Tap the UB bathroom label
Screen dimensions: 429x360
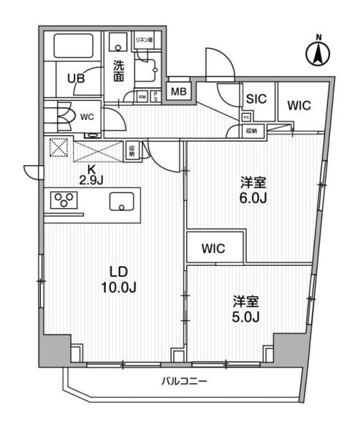76,79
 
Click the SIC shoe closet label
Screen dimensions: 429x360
256,99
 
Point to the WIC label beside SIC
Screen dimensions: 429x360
298,105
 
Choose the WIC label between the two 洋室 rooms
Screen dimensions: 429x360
214,249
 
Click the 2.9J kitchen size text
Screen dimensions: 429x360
91,179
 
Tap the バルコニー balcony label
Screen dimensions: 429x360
184,382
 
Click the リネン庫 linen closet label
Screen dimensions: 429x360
145,41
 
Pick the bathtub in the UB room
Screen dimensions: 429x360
70,47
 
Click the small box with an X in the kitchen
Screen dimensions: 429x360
57,149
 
